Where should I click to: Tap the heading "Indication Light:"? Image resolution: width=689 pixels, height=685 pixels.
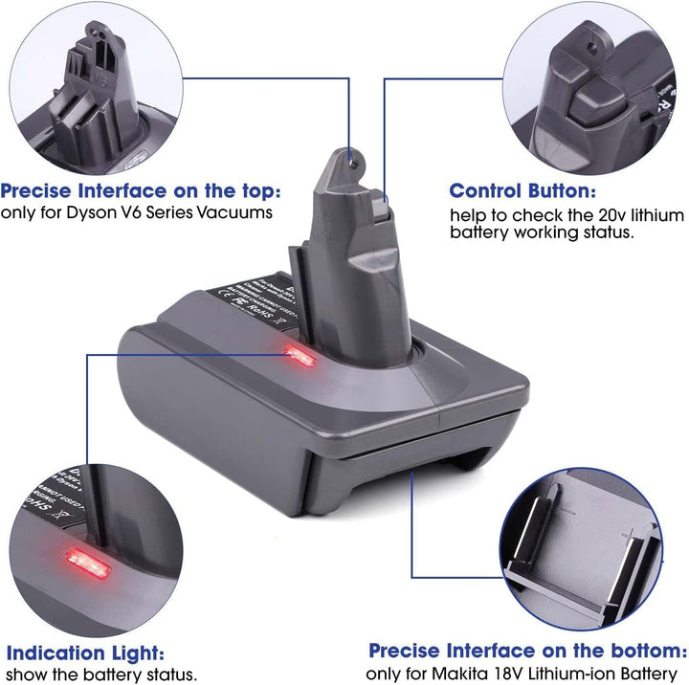click(x=83, y=653)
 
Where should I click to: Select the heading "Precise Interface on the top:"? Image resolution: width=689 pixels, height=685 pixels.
click(x=141, y=189)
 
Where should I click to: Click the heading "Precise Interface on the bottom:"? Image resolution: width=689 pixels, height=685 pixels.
click(x=527, y=651)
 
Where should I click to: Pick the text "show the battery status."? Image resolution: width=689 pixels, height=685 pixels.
click(x=100, y=674)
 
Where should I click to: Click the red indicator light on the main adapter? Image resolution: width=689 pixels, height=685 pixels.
click(x=300, y=358)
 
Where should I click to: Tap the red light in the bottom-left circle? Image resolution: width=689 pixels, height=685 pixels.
click(x=86, y=560)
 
